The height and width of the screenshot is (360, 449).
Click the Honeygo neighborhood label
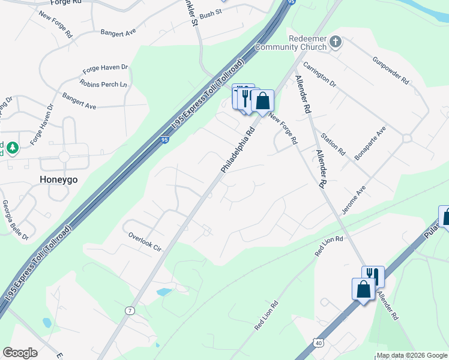[x=59, y=179]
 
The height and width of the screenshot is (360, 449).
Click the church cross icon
[x=336, y=42]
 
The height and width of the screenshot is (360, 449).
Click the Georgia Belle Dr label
[x=14, y=220]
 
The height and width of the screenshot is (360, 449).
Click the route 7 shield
[x=129, y=310]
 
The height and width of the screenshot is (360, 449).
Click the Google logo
[x=20, y=353]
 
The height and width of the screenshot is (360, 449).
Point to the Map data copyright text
[x=411, y=355]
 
